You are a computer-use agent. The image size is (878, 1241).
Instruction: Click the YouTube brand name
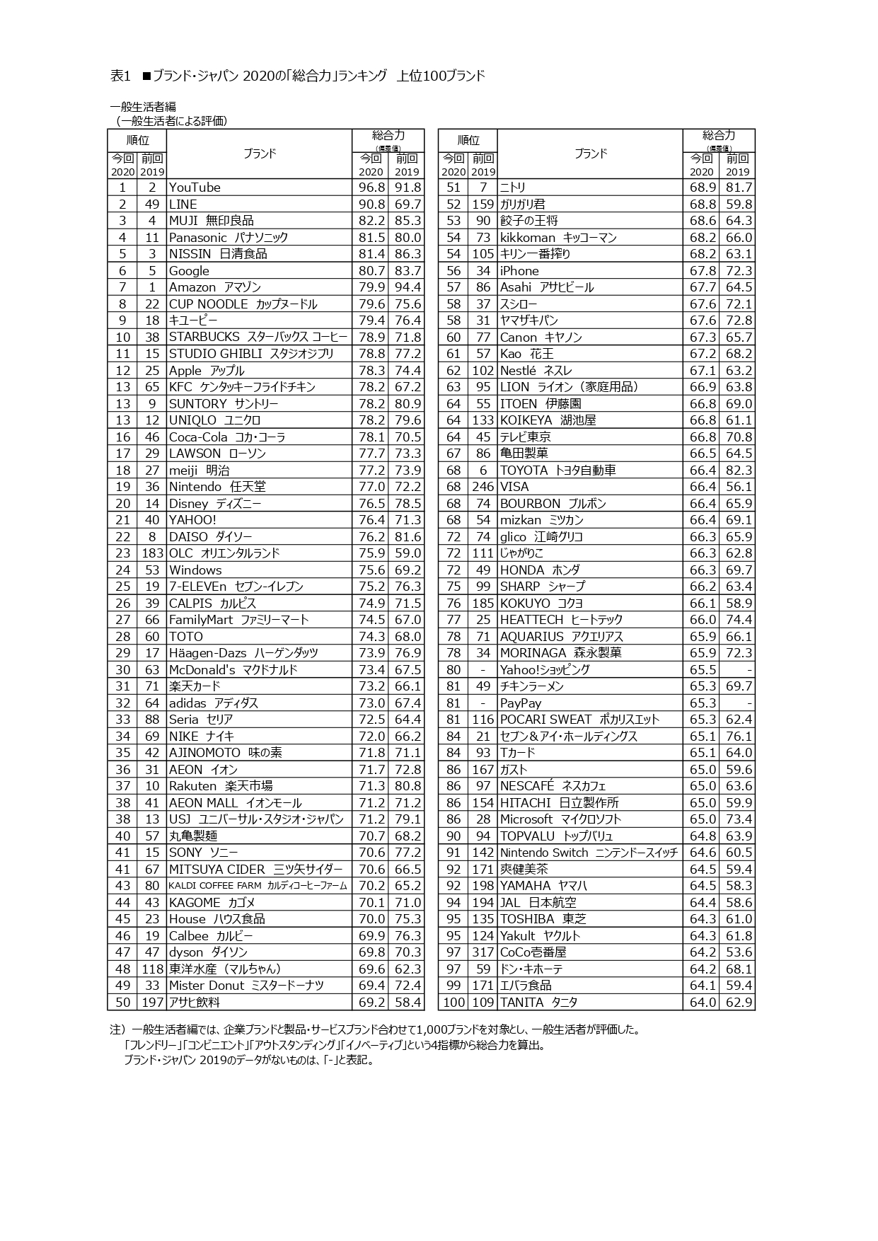[195, 187]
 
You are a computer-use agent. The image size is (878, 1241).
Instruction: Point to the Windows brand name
[195, 570]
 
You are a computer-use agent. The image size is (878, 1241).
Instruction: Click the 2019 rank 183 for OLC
[152, 553]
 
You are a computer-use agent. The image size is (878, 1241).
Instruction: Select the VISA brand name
[514, 487]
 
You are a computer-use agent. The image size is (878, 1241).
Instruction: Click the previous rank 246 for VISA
[483, 487]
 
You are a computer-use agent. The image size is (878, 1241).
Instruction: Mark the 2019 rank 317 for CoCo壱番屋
[483, 952]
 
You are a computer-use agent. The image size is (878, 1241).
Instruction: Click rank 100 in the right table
[454, 1003]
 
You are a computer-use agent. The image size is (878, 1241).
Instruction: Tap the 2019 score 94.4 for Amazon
[408, 287]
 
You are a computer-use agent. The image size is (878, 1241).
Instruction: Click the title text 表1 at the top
[121, 76]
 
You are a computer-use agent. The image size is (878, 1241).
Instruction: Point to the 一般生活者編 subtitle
[143, 107]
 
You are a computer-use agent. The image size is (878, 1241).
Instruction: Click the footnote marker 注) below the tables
[117, 1029]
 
